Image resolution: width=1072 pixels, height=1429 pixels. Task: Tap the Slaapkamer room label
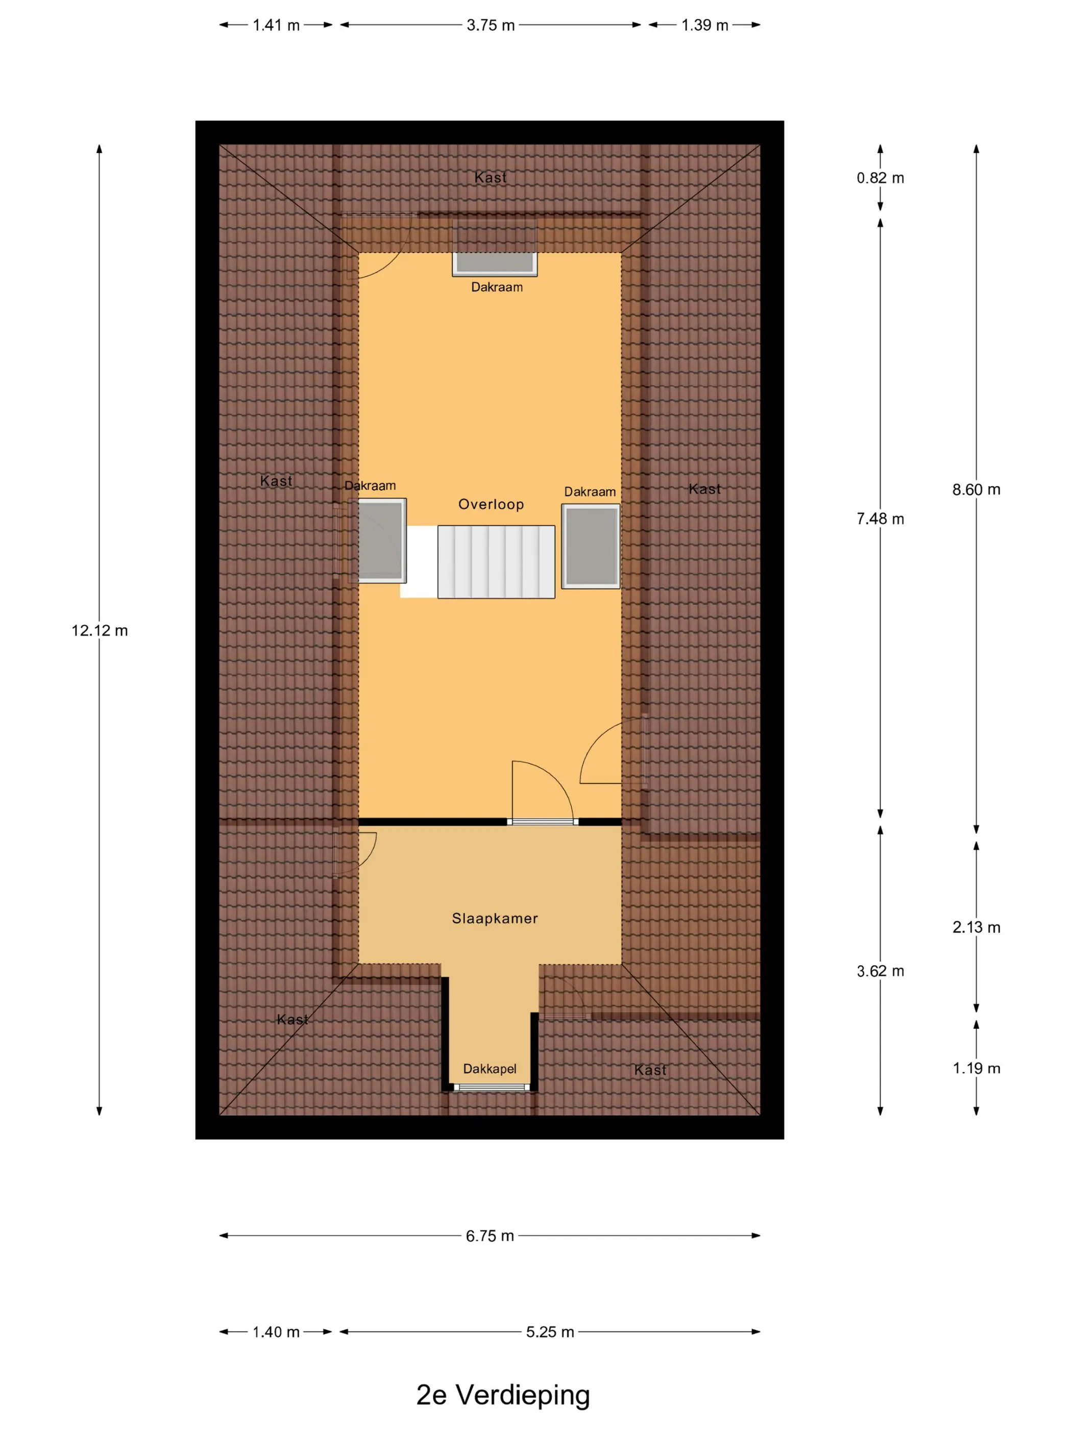click(494, 918)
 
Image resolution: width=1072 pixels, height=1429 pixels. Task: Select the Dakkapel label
click(489, 1069)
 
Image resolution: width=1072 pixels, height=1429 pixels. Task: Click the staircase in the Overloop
click(496, 561)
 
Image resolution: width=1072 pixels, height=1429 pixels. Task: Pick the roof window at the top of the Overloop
click(494, 262)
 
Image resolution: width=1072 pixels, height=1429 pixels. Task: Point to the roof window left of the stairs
click(380, 540)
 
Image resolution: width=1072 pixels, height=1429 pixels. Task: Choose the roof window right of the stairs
click(590, 546)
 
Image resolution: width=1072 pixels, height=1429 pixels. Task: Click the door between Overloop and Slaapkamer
click(542, 821)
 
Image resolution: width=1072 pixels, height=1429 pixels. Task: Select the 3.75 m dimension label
click(491, 25)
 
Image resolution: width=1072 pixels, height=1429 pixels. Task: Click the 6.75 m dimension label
click(490, 1236)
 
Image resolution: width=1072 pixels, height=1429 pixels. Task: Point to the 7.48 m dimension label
click(880, 519)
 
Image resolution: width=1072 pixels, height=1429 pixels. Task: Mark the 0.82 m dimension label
click(880, 178)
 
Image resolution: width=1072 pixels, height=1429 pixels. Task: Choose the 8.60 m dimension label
click(976, 489)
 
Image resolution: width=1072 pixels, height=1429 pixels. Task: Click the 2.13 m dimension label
click(976, 928)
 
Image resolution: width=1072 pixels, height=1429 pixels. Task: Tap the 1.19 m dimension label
click(976, 1069)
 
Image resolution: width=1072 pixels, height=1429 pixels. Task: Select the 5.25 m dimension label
click(549, 1332)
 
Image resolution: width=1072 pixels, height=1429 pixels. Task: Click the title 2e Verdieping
click(503, 1395)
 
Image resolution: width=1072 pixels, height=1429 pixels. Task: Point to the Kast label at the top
click(491, 177)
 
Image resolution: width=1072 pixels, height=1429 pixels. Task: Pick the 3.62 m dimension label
click(880, 971)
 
